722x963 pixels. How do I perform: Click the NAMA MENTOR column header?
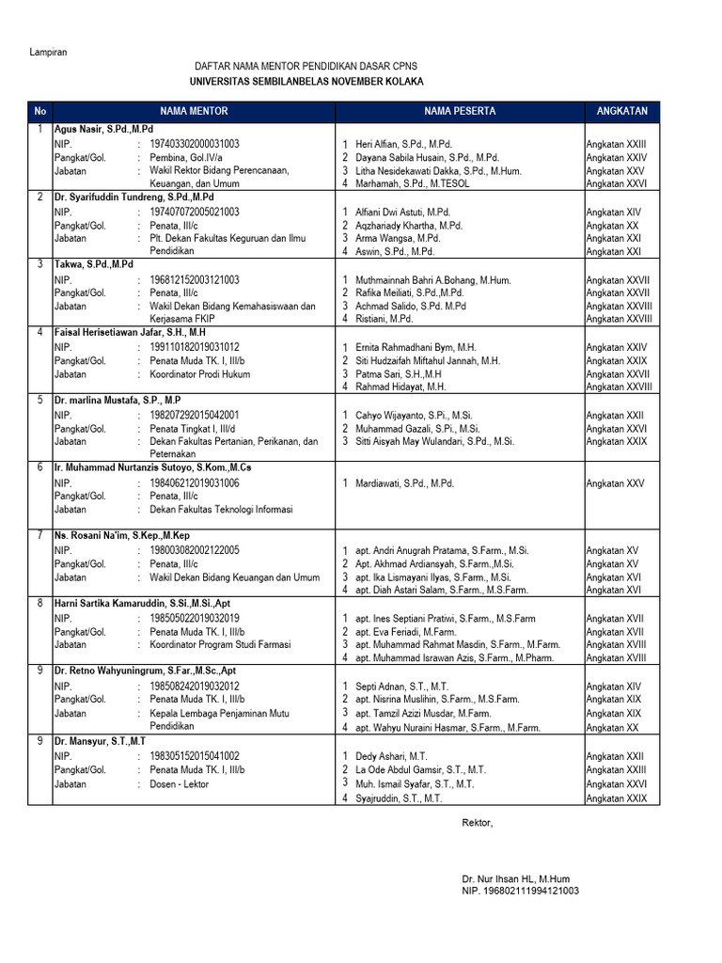point(194,111)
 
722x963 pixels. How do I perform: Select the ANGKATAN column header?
point(621,111)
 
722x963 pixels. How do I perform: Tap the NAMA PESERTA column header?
point(460,111)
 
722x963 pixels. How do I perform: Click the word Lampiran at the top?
point(48,52)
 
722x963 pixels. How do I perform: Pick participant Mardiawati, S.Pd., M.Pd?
point(404,483)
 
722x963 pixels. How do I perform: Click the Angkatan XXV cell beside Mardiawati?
point(615,483)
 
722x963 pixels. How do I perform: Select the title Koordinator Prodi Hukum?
point(205,373)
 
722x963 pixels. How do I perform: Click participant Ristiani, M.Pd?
point(384,319)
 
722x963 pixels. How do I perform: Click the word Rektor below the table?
point(477,823)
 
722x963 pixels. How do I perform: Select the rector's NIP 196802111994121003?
point(520,891)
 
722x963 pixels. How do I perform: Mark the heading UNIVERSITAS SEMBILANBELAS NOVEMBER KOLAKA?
point(306,82)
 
